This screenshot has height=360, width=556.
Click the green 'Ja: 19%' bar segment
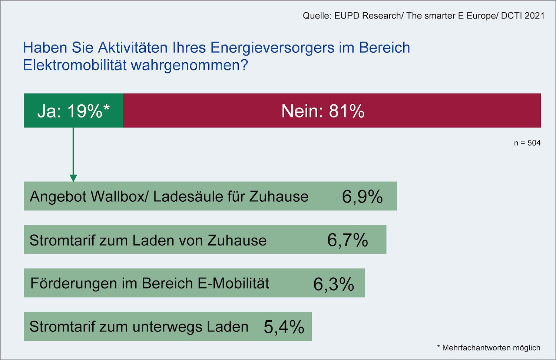73,110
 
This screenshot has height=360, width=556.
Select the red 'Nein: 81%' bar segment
332,110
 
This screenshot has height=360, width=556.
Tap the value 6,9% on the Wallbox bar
362,196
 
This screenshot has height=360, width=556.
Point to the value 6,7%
347,240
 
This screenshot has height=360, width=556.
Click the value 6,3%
334,284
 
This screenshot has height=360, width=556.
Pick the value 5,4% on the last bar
284,327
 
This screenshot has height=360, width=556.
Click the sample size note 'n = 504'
527,143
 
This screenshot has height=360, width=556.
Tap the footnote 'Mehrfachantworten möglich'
491,348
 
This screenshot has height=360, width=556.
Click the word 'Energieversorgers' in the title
272,48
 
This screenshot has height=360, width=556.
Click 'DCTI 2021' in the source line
523,16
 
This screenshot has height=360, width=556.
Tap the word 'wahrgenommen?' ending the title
189,65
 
